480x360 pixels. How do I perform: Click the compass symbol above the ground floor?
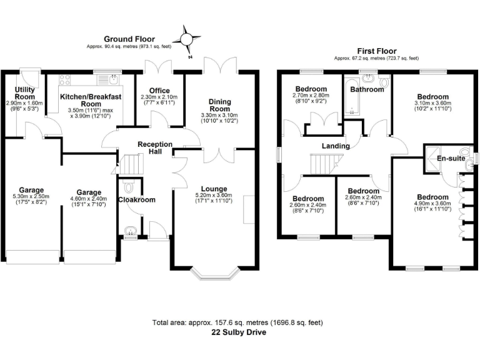coord(186,39)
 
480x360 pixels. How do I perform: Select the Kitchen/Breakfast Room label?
coord(90,101)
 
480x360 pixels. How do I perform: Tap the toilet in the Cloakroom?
coord(129,186)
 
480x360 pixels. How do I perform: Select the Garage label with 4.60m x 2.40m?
coord(89,192)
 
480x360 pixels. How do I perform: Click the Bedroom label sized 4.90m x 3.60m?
coord(432,197)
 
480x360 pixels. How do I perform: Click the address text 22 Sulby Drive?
coord(239,332)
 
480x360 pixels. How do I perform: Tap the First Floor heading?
coord(376,51)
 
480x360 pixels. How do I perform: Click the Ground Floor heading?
coord(129,39)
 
